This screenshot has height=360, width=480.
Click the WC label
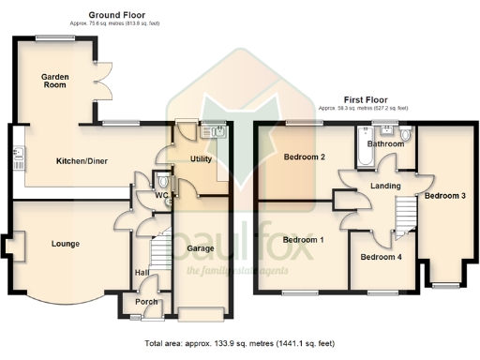pos(160,195)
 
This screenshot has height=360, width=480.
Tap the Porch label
pos(147,302)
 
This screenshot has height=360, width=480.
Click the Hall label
pos(142,272)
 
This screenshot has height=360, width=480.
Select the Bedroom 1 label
pos(303,240)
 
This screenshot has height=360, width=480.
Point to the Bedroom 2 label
pos(304,157)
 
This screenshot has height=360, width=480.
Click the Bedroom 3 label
pos(444,195)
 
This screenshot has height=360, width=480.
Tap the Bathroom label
pos(384,144)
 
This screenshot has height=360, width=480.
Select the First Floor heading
pos(366,99)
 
